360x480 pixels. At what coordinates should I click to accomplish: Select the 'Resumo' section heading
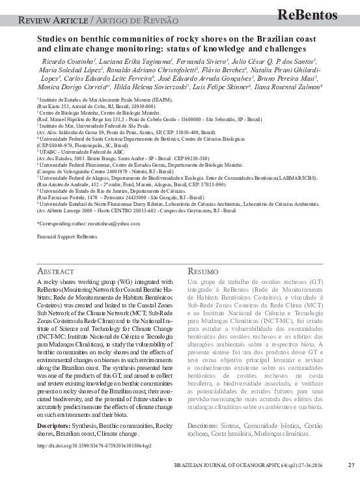pyautogui.click(x=202, y=270)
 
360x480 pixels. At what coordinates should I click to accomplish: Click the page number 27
pyautogui.click(x=351, y=465)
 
